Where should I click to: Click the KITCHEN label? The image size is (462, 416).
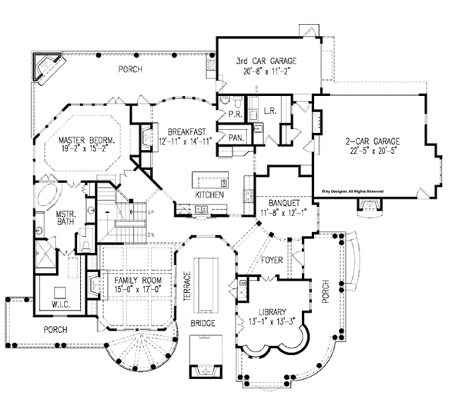tap(209, 196)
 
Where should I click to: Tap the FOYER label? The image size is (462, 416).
tap(272, 260)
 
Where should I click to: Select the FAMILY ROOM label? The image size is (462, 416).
tap(139, 282)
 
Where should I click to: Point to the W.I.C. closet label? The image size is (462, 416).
tap(60, 304)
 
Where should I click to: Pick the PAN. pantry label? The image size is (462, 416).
tap(236, 137)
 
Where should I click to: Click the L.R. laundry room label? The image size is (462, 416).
tap(270, 112)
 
